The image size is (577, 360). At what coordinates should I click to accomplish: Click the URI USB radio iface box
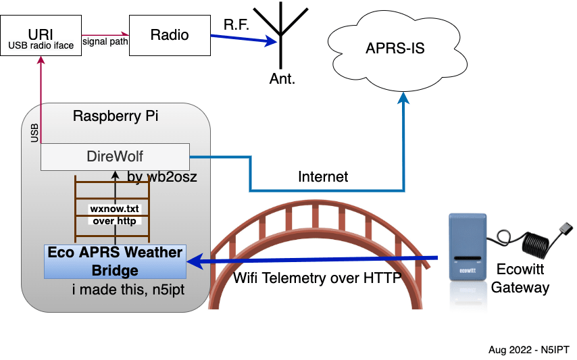pyautogui.click(x=41, y=38)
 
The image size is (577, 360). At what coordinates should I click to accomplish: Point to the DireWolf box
pyautogui.click(x=115, y=157)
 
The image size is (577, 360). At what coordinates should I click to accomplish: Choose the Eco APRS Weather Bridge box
pyautogui.click(x=115, y=261)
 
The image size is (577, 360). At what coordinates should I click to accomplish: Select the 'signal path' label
pyautogui.click(x=105, y=41)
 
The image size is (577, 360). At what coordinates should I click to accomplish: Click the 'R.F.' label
pyautogui.click(x=236, y=24)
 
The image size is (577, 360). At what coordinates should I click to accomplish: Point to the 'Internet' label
pyautogui.click(x=323, y=177)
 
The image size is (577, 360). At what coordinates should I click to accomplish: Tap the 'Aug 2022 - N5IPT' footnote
pyautogui.click(x=528, y=350)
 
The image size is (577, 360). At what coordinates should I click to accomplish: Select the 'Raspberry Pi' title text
pyautogui.click(x=116, y=115)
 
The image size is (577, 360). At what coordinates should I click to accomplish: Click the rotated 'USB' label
pyautogui.click(x=35, y=132)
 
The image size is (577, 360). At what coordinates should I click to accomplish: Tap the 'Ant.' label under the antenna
pyautogui.click(x=282, y=78)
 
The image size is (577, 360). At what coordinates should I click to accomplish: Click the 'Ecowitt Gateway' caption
pyautogui.click(x=520, y=279)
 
